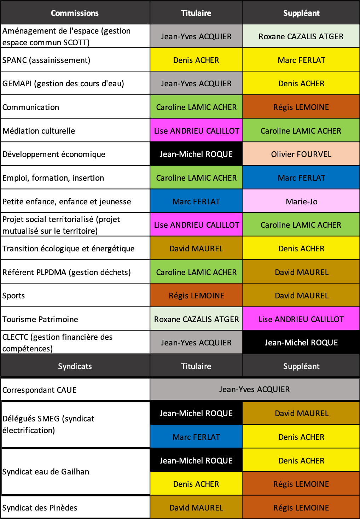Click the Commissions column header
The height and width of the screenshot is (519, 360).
(75, 13)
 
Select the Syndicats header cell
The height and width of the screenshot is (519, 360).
(75, 366)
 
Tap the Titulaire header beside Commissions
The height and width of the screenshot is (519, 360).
(196, 13)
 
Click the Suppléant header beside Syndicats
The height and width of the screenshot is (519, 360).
(301, 366)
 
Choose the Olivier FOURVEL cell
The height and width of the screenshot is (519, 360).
(301, 154)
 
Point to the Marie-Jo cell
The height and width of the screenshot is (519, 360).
(301, 202)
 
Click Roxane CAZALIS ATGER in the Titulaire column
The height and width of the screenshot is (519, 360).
(196, 319)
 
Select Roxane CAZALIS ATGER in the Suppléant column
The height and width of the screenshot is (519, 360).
(301, 36)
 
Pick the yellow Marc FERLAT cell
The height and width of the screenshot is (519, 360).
(301, 60)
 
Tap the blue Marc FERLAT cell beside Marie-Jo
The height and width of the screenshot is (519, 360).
(196, 202)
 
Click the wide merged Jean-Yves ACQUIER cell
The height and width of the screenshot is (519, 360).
(255, 389)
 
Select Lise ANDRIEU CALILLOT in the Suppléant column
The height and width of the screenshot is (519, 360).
(301, 319)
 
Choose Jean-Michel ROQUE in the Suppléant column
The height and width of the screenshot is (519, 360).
(301, 343)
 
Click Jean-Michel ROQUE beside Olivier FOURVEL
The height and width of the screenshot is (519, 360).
(196, 154)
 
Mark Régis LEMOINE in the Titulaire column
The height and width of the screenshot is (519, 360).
(196, 296)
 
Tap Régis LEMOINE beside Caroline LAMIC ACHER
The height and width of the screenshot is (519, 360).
(301, 107)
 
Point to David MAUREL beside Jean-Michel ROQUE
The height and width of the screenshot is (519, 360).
(301, 413)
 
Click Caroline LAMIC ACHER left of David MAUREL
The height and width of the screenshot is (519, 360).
(196, 272)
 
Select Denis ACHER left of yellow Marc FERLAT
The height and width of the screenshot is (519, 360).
(196, 60)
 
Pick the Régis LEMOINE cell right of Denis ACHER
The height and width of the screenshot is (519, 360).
(301, 484)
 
